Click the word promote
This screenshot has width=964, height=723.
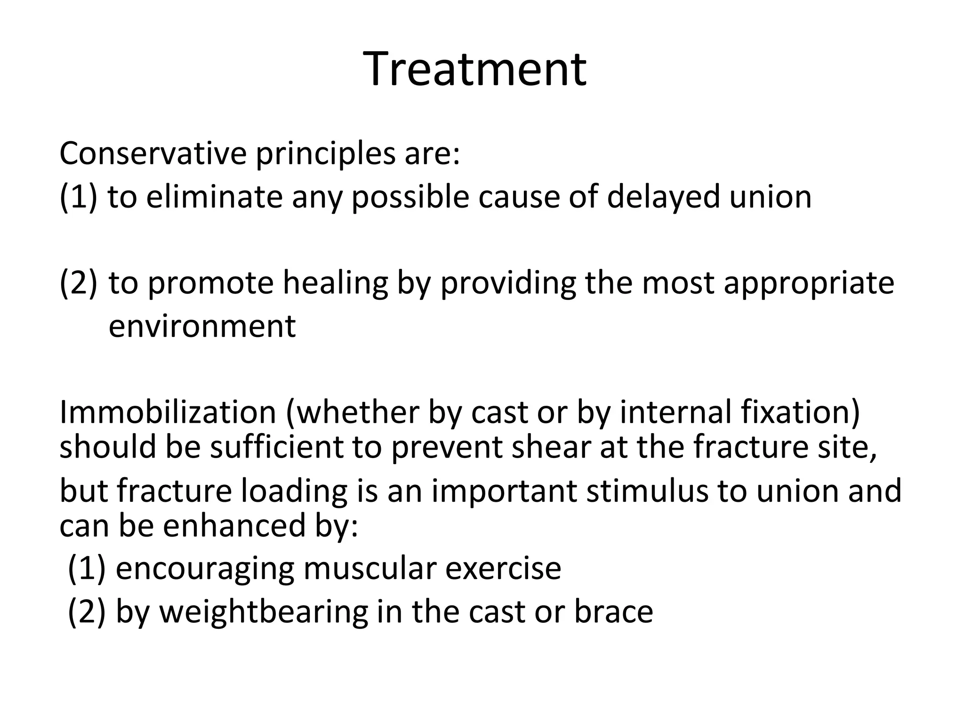tap(210, 283)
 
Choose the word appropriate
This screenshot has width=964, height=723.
tap(809, 283)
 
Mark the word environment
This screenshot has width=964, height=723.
tap(202, 326)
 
